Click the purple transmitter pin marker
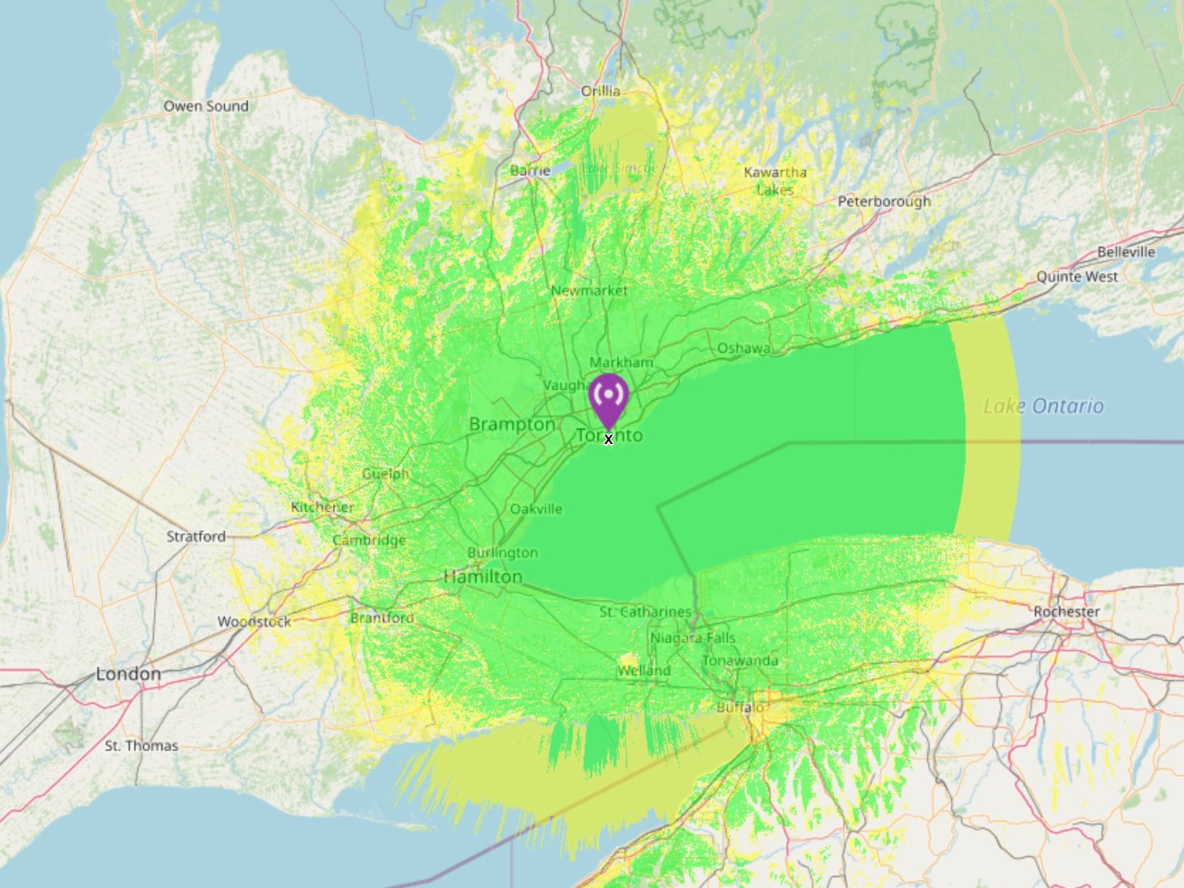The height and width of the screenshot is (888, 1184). (608, 398)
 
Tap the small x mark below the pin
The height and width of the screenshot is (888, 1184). (608, 440)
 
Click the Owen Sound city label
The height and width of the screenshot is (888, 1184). (206, 106)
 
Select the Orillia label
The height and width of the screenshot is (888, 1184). (600, 91)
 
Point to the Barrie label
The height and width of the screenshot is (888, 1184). (530, 171)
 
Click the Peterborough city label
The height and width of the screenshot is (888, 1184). (884, 201)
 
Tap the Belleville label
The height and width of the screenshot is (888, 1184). (1126, 252)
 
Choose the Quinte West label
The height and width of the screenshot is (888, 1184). (1077, 277)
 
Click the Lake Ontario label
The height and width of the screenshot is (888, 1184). (1043, 406)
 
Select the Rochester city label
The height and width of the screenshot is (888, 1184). (1066, 611)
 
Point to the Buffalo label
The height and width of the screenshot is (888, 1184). (740, 707)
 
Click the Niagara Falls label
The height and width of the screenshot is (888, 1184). (693, 638)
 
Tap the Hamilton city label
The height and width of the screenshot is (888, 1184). (483, 576)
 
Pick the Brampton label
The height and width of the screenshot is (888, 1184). (512, 424)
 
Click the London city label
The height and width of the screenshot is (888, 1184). (128, 674)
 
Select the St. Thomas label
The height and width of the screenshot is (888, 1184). (141, 745)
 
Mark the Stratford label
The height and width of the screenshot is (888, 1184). (196, 536)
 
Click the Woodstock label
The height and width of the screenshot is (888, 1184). (254, 622)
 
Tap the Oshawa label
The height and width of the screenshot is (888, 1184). (743, 348)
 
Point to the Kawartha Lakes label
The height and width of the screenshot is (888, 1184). (775, 181)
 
